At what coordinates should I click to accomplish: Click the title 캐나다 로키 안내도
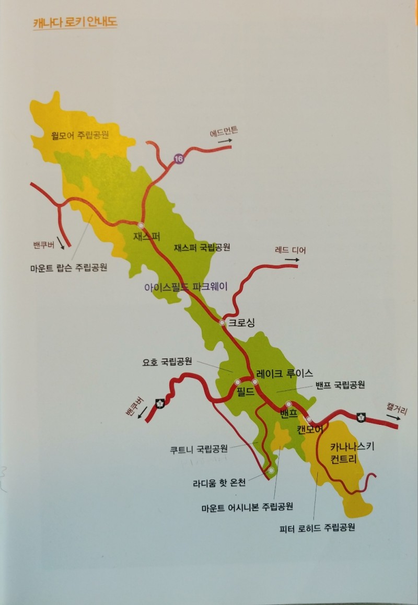point(75,24)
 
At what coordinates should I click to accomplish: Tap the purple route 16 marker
point(179,159)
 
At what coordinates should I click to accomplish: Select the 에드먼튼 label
point(224,132)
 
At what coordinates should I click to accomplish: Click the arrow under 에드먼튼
point(225,141)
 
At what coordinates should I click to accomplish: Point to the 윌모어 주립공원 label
point(80,135)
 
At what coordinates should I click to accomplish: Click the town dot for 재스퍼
point(141,225)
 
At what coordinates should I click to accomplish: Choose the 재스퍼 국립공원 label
point(202,247)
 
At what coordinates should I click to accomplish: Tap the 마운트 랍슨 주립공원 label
point(68,267)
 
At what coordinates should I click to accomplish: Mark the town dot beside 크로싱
point(223,322)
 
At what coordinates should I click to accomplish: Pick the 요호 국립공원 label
point(167,361)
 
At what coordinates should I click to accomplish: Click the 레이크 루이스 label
point(284,373)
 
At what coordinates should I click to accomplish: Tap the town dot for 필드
point(238,382)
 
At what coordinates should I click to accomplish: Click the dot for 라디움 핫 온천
point(271,470)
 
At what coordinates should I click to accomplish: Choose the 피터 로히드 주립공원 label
point(318,527)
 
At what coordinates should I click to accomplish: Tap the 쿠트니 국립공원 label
point(199,448)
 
